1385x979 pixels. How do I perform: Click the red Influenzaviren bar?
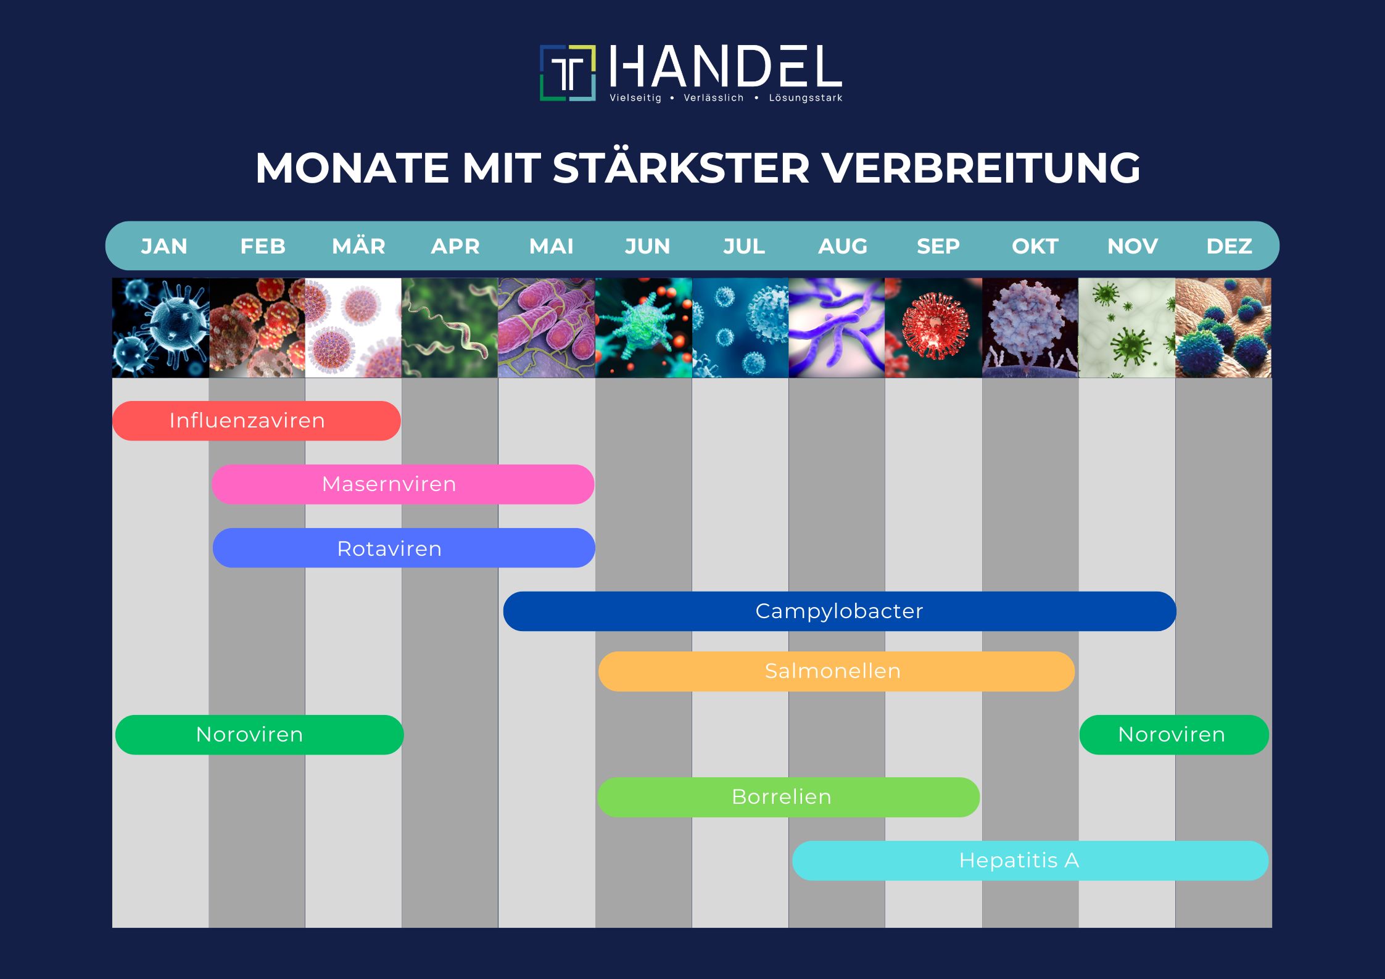tap(257, 421)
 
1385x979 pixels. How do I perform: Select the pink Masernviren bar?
tap(403, 484)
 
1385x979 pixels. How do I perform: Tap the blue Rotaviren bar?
tap(403, 548)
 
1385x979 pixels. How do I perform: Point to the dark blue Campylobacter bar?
tap(840, 611)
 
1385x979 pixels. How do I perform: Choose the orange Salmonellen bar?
tap(836, 671)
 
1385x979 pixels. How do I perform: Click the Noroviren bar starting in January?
tap(259, 735)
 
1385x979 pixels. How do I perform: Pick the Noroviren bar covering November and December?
tap(1174, 735)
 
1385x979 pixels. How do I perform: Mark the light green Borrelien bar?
tap(788, 797)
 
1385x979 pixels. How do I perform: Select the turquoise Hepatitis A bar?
tap(1030, 861)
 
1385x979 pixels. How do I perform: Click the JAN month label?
tap(164, 246)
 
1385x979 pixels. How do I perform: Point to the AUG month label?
tap(843, 246)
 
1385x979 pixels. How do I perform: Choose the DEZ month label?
tap(1229, 246)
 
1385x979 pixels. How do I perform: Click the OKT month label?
tap(1035, 246)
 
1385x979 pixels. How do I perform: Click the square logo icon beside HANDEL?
tap(568, 73)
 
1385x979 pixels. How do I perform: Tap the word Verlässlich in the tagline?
tap(714, 97)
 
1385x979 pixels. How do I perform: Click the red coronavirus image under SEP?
tap(933, 328)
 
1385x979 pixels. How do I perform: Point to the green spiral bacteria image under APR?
tap(450, 328)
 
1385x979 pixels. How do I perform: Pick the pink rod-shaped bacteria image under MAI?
tap(547, 328)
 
